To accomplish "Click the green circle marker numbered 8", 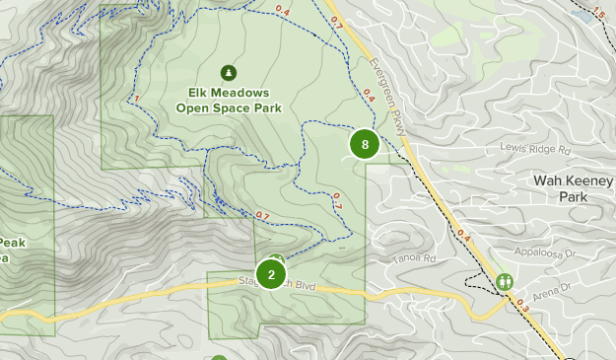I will [x=365, y=145].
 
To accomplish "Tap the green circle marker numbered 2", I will [x=271, y=274].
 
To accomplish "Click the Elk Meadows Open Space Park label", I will [x=230, y=100].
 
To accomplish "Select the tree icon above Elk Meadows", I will [x=230, y=72].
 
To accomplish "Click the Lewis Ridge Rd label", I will [x=535, y=151].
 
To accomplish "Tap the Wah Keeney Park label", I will [x=559, y=188].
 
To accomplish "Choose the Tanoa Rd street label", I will [x=417, y=259].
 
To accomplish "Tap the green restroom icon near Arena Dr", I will [x=504, y=281].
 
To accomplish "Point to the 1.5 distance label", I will [x=598, y=14].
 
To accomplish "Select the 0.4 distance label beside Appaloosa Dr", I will [x=463, y=237].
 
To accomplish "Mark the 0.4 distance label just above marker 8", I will [x=370, y=96].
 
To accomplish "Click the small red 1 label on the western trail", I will [x=136, y=98].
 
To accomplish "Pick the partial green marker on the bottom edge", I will [x=218, y=357].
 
